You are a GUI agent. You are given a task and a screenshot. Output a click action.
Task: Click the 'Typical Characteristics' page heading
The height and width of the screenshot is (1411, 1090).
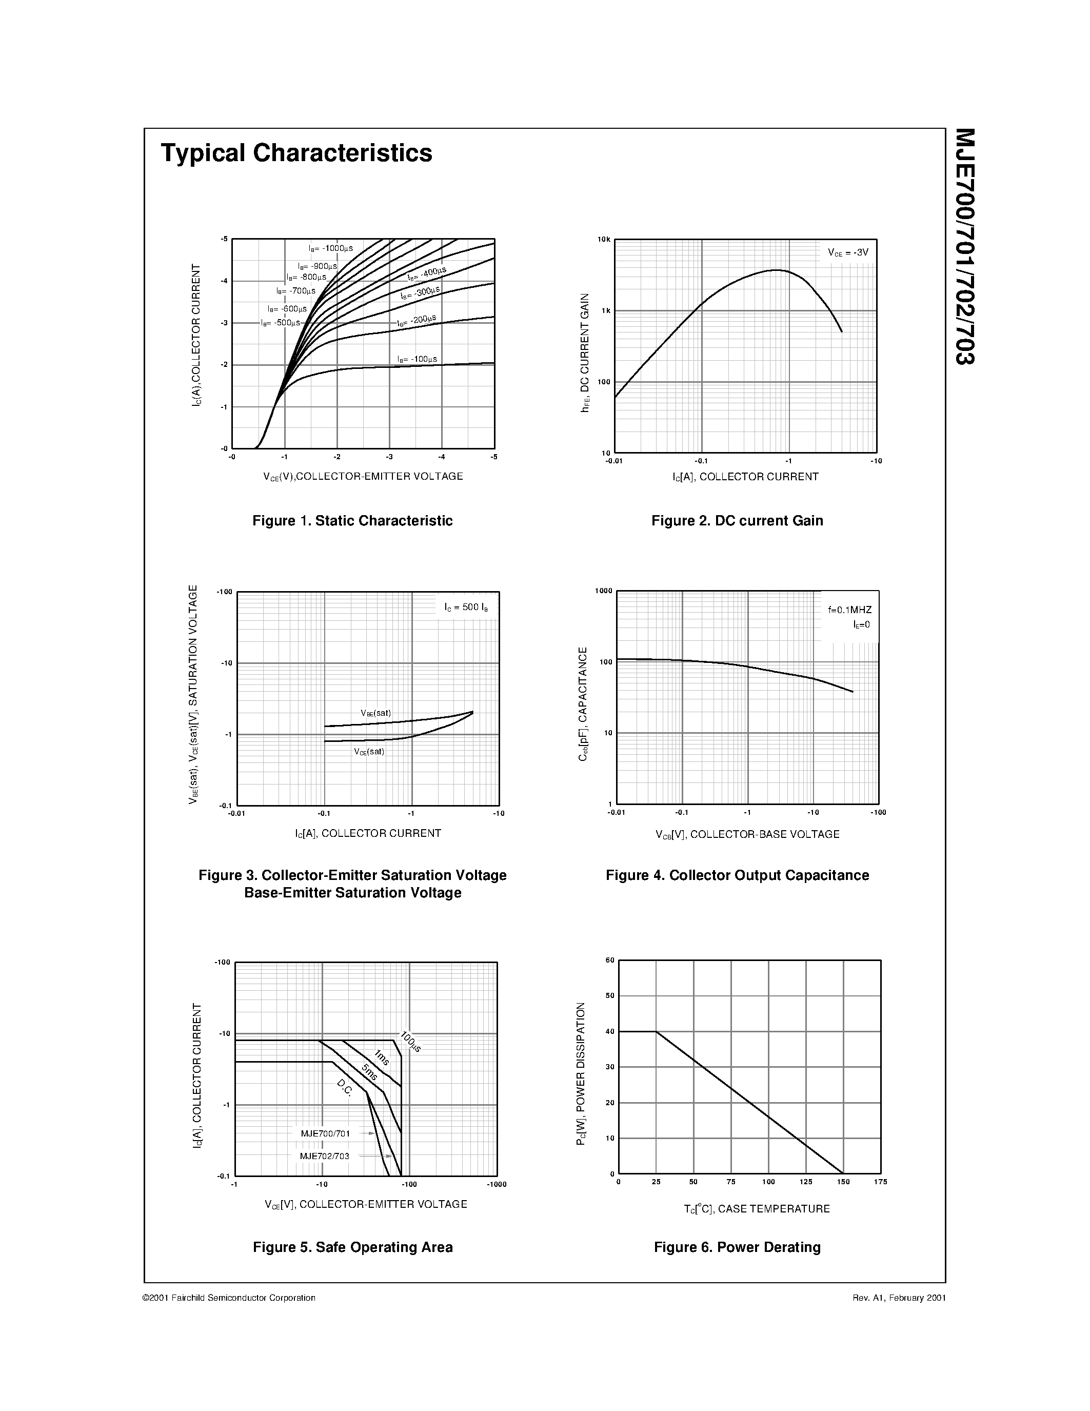[296, 153]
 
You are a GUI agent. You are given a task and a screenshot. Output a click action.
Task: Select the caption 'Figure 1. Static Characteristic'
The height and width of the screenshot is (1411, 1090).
[352, 521]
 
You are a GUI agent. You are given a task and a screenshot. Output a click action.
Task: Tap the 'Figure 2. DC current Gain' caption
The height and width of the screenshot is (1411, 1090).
[737, 521]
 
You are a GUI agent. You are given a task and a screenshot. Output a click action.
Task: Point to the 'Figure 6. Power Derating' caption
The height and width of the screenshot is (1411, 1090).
[737, 1247]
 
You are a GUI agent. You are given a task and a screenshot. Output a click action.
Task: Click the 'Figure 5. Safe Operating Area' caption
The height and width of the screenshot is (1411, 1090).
[352, 1247]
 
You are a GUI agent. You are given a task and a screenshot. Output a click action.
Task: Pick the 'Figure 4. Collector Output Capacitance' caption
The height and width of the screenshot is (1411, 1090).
[737, 875]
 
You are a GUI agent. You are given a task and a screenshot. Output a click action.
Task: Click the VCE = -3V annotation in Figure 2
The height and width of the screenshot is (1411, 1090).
[848, 252]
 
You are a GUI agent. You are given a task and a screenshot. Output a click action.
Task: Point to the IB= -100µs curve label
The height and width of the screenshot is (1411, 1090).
[417, 359]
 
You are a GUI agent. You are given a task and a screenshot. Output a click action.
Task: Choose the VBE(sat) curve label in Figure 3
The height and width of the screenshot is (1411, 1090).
[376, 713]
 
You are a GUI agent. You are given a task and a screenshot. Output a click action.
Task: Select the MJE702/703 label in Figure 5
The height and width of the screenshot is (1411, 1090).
[324, 1156]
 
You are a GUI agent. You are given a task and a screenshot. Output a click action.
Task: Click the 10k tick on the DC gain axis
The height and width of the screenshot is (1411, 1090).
[604, 240]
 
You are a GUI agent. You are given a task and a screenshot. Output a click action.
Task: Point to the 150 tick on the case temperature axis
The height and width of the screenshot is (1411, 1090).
[843, 1182]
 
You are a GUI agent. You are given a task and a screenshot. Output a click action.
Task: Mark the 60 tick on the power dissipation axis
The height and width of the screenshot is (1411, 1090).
[609, 961]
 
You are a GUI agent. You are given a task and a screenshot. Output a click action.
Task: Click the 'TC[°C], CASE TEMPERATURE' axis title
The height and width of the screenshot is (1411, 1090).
[756, 1209]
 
